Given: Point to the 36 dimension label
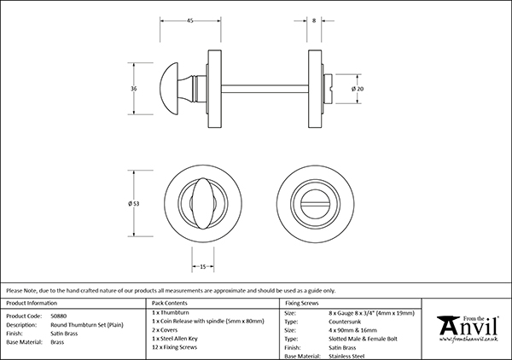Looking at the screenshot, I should pyautogui.click(x=133, y=88).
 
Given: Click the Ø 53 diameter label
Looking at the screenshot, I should pyautogui.click(x=134, y=203).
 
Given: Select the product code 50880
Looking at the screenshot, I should pyautogui.click(x=61, y=315).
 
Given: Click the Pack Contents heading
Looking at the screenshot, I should pyautogui.click(x=169, y=303).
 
